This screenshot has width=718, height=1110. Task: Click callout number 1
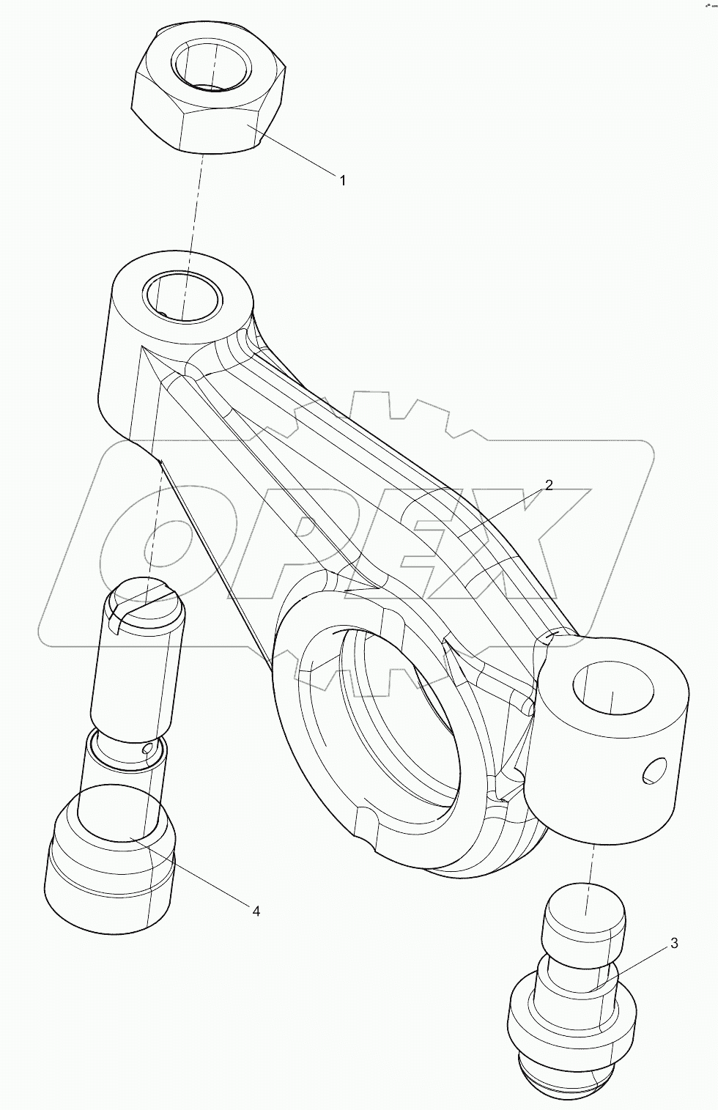(342, 180)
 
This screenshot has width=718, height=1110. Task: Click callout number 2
(548, 485)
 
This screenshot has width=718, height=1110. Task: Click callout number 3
(673, 943)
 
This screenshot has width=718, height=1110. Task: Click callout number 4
(256, 911)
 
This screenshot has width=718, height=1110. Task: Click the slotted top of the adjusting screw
(144, 601)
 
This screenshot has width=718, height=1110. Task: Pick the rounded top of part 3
(584, 923)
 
